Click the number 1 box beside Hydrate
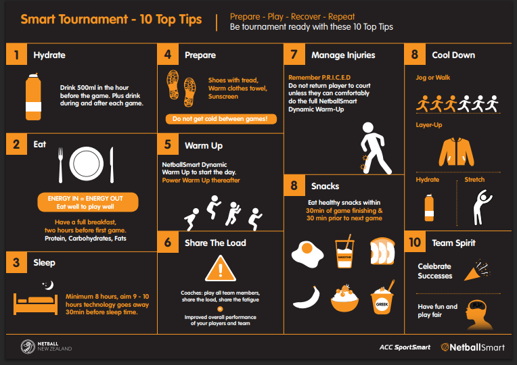click(x=16, y=54)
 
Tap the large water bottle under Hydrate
click(x=33, y=97)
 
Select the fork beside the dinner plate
click(x=60, y=165)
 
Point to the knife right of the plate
click(x=112, y=165)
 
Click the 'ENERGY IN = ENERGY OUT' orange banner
click(x=88, y=202)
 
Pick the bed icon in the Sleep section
click(x=36, y=304)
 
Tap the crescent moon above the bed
click(x=49, y=285)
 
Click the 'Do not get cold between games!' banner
click(x=221, y=119)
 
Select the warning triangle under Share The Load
click(x=220, y=269)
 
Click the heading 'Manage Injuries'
click(x=343, y=55)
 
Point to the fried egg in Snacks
click(x=308, y=253)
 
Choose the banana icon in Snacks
click(x=307, y=297)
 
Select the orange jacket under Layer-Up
click(x=456, y=152)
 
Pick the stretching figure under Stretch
click(x=482, y=208)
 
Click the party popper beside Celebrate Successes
click(x=477, y=271)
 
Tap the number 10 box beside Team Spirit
click(x=415, y=242)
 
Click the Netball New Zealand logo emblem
click(x=28, y=347)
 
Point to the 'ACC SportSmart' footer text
click(x=405, y=347)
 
